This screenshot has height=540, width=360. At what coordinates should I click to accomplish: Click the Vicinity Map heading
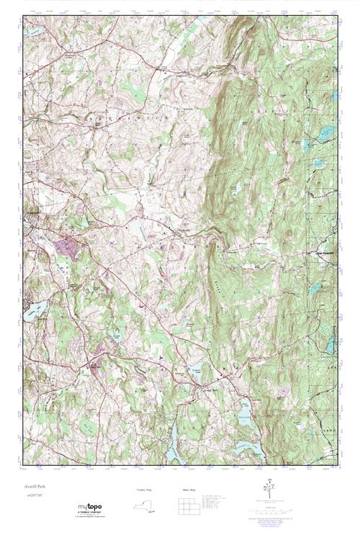coord(144,490)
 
